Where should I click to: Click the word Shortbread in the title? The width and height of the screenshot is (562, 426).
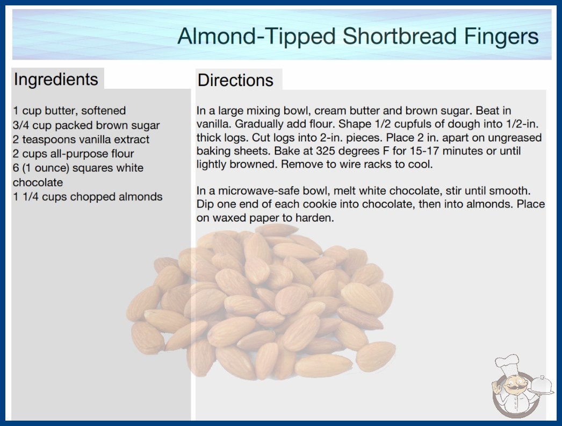coord(399,36)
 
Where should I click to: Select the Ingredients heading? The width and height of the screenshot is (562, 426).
coord(56,80)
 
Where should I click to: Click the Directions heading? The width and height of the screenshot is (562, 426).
coord(235,80)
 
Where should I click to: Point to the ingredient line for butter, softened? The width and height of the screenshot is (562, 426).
coord(69,111)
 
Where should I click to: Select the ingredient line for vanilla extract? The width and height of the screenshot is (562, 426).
coord(81,139)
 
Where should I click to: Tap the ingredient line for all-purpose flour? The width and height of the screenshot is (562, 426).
coord(73,154)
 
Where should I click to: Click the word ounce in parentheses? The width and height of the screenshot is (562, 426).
coord(47,168)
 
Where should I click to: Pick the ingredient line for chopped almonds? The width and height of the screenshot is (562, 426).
coord(88,197)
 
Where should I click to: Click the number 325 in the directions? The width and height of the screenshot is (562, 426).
coord(326,151)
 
